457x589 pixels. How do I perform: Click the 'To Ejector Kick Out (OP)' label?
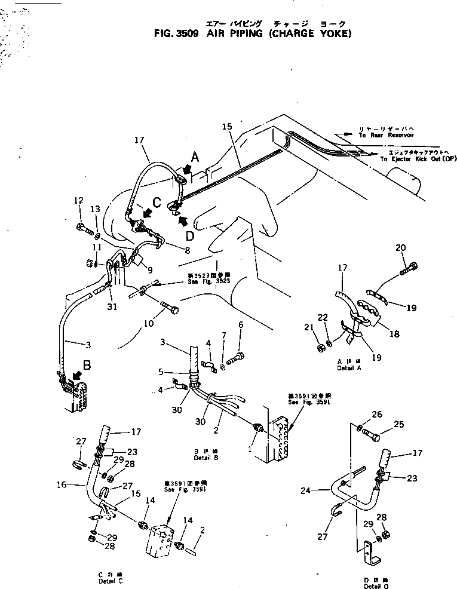tap(418, 159)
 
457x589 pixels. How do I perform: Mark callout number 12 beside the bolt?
tap(78, 200)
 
